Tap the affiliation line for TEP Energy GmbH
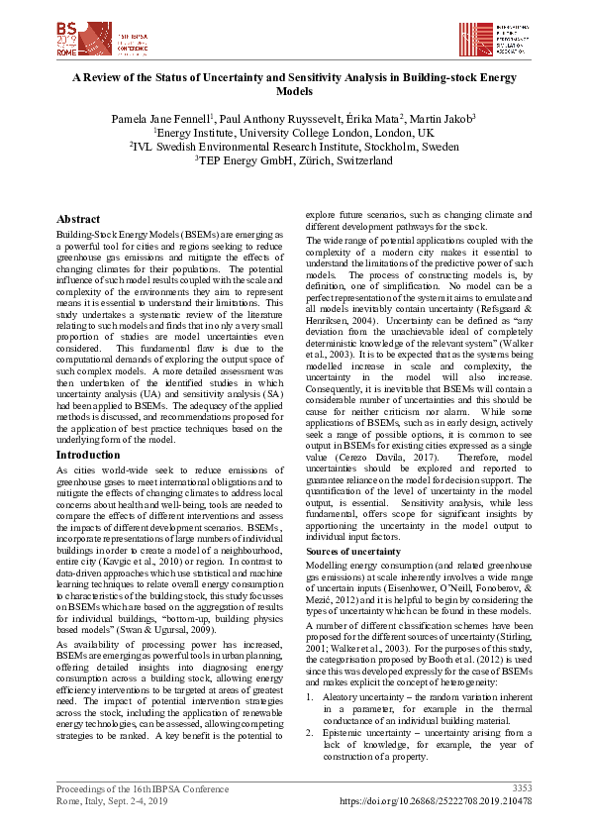(x=294, y=159)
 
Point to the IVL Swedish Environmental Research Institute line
(x=294, y=146)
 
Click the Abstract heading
(x=78, y=219)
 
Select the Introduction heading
(x=88, y=455)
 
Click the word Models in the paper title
(x=294, y=91)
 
